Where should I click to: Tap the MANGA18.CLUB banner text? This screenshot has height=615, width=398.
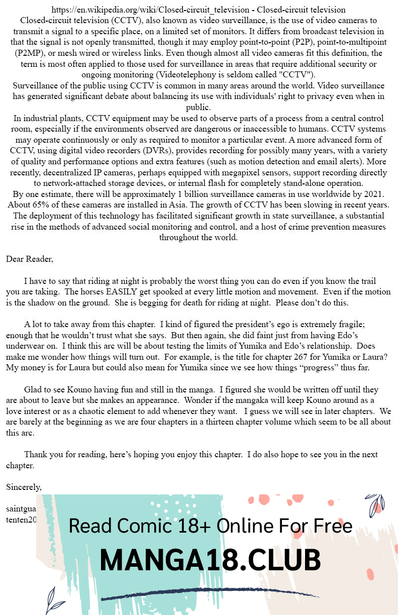[210, 560]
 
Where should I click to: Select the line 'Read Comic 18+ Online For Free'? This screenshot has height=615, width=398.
[210, 526]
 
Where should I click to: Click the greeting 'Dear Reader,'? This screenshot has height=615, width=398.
[29, 259]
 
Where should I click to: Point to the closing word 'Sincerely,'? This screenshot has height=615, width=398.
[24, 487]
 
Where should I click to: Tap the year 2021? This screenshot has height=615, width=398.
[371, 194]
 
